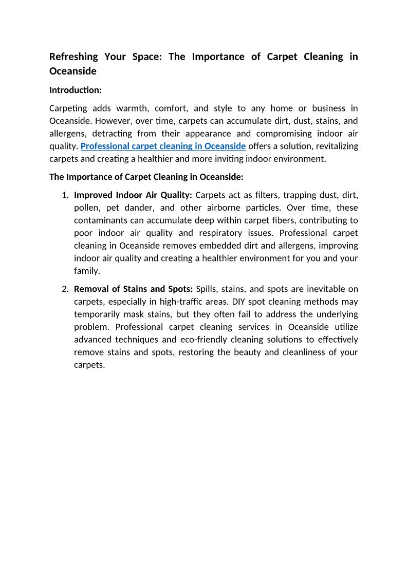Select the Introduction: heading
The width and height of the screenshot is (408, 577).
pos(76,90)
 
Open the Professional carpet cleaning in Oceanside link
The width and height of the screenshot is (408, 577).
pos(163,146)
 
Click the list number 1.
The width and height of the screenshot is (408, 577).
pos(65,195)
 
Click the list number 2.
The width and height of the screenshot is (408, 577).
pos(65,289)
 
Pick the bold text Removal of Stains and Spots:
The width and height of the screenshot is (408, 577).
pos(133,289)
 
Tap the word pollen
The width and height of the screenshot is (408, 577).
pos(87,208)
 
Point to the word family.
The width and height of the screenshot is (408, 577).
pos(86,271)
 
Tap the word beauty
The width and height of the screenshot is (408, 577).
pos(247,352)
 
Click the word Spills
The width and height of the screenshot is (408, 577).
pos(207,289)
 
